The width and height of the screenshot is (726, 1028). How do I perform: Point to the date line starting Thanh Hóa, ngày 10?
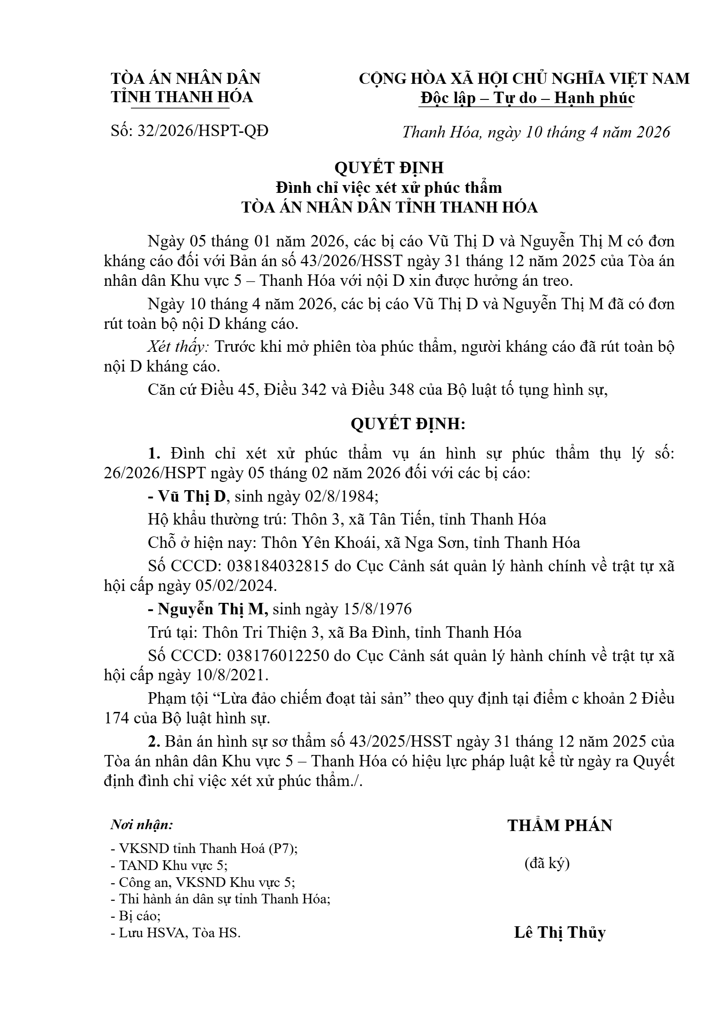[536, 132]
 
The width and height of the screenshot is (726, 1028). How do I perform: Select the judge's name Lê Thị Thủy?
[559, 932]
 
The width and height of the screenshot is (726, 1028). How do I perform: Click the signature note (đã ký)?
[547, 864]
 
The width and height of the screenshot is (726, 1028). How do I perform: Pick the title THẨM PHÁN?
[559, 826]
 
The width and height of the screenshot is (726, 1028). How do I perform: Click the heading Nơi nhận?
[142, 825]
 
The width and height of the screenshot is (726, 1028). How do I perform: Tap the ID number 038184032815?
[278, 566]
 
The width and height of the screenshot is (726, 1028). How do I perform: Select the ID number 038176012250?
[278, 656]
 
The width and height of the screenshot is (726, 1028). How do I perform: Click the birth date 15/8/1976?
[377, 609]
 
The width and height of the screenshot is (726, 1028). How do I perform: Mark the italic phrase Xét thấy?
[178, 347]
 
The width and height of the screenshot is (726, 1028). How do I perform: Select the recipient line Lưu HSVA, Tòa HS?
[176, 933]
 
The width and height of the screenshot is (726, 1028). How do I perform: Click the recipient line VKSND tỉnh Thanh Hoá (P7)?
[204, 848]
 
